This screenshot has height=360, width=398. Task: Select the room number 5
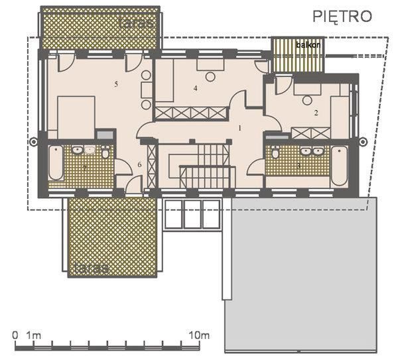pyautogui.click(x=116, y=84)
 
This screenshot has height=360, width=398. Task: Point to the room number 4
pyautogui.click(x=196, y=88)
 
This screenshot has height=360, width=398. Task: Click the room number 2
pyautogui.click(x=316, y=113)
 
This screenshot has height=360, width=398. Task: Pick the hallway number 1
pyautogui.click(x=240, y=126)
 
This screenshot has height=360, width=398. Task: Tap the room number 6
pyautogui.click(x=140, y=164)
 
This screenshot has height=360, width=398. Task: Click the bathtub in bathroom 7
pyautogui.click(x=55, y=162)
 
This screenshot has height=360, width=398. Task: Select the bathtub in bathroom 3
pyautogui.click(x=339, y=164)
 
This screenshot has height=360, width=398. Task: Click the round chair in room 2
pyautogui.click(x=306, y=100)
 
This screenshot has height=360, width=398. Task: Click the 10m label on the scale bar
pyautogui.click(x=199, y=335)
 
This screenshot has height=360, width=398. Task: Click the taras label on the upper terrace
pyautogui.click(x=137, y=23)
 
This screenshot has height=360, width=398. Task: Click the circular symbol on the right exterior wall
pyautogui.click(x=364, y=140)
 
